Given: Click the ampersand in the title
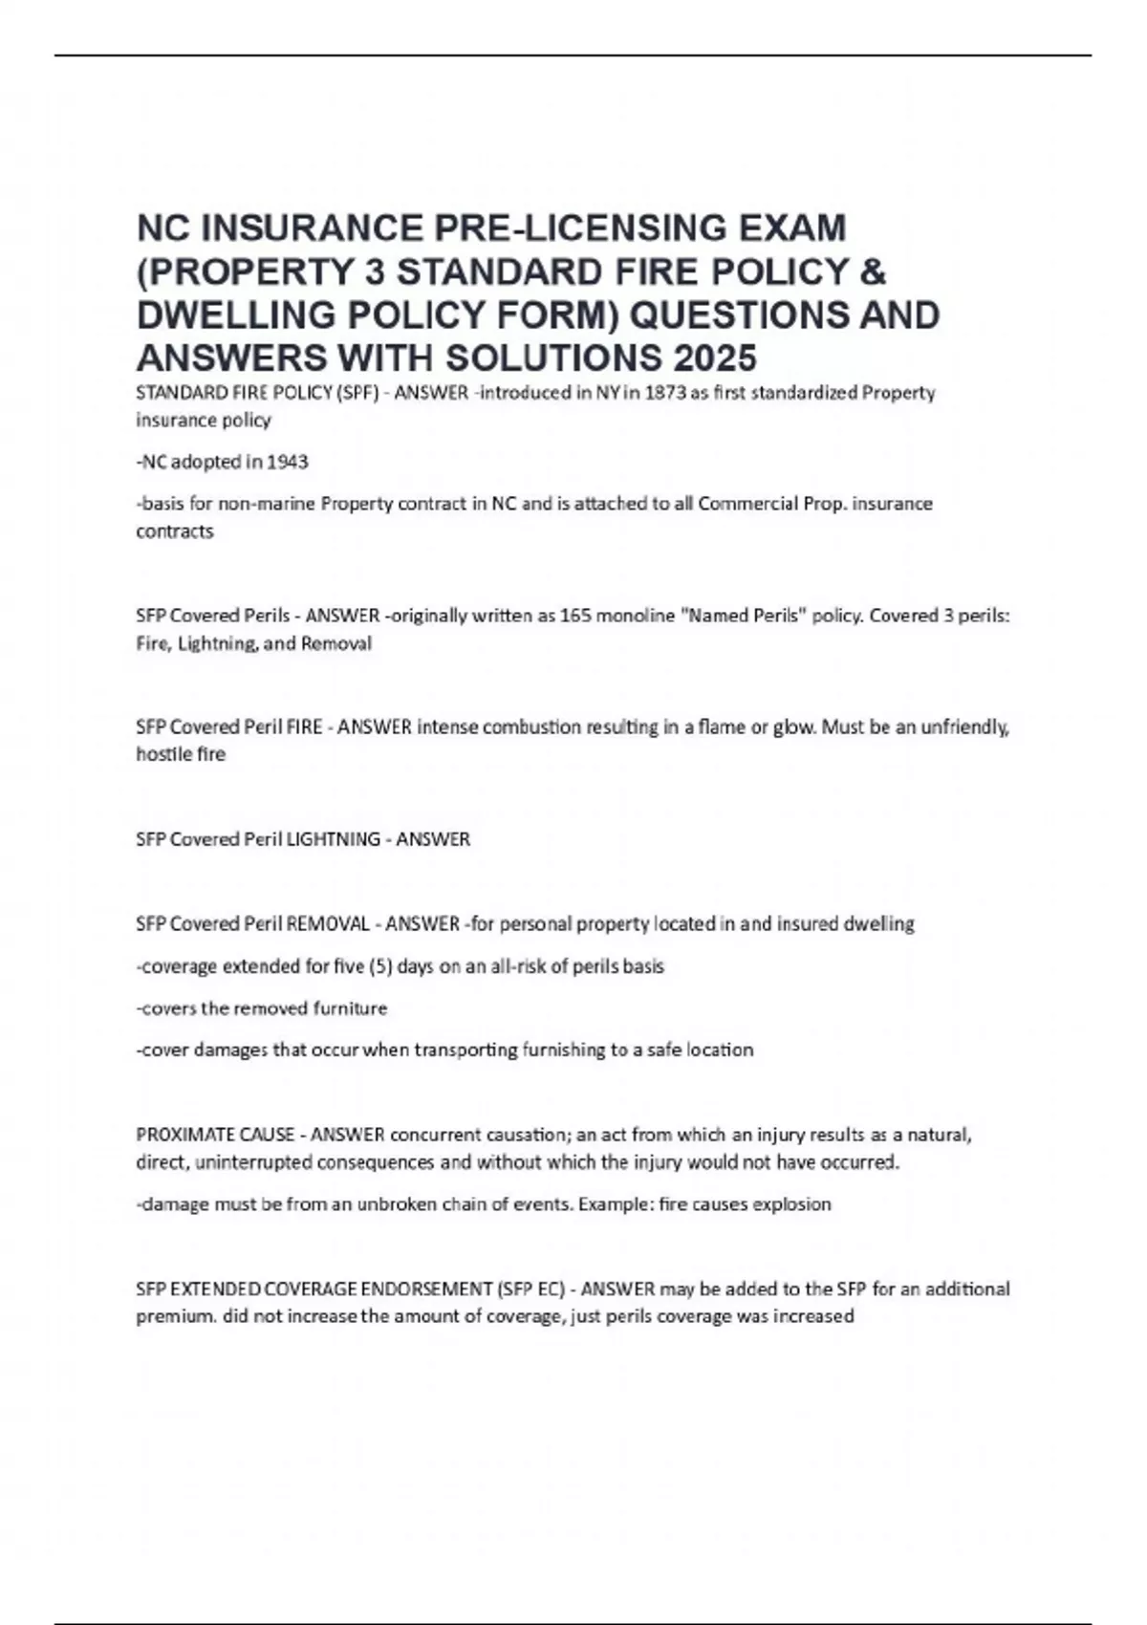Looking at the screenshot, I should [x=872, y=271].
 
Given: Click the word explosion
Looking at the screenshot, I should [x=792, y=1204].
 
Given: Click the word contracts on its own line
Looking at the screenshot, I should [x=175, y=531].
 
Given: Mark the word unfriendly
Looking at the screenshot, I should [x=964, y=727].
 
